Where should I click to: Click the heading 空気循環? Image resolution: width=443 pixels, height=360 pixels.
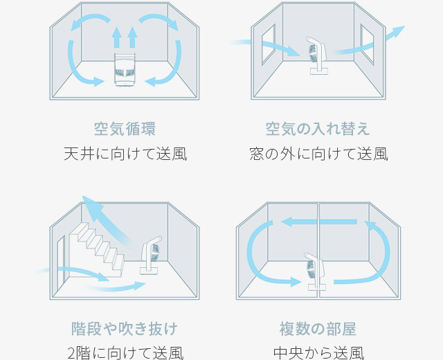click(x=125, y=129)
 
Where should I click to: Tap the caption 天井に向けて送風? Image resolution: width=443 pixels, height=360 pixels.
click(x=125, y=153)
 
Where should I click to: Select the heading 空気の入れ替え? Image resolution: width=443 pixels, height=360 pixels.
click(x=318, y=129)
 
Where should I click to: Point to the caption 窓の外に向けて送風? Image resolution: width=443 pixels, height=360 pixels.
click(x=318, y=153)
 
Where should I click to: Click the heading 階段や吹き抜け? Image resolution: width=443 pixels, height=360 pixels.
click(x=125, y=328)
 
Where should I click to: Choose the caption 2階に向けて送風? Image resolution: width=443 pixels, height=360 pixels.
click(x=125, y=352)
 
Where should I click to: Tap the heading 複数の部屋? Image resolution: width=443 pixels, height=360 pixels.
click(x=319, y=328)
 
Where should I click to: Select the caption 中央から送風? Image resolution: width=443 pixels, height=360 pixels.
click(x=319, y=352)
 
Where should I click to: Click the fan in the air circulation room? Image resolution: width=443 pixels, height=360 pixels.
click(x=125, y=70)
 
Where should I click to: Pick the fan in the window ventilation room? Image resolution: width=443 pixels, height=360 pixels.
click(x=319, y=55)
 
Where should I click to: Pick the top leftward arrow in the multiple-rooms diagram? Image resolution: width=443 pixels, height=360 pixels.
click(x=318, y=222)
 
